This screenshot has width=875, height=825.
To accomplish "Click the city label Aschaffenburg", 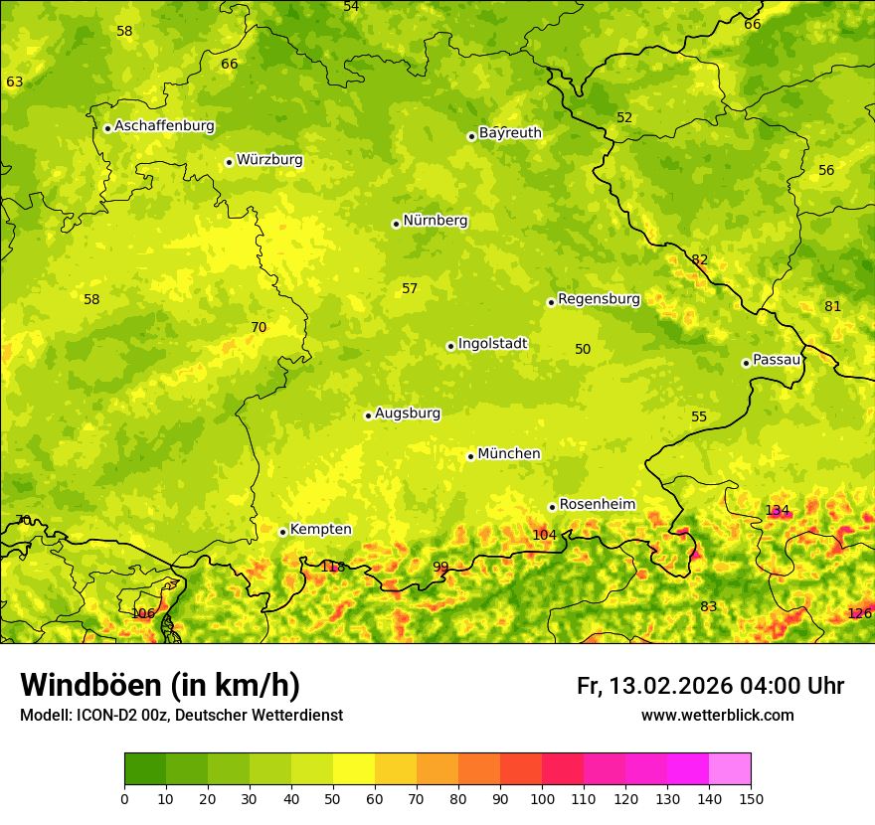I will coord(164,126).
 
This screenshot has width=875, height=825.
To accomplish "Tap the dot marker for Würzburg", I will coord(229,162).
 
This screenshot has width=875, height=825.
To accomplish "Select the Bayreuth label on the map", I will coord(510,132).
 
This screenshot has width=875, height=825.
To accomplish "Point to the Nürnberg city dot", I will coord(396,224).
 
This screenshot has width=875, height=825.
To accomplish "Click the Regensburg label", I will coord(599,298).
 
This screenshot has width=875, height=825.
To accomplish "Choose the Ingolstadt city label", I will coord(492,343).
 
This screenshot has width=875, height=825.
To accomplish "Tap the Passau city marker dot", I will coord(746,363).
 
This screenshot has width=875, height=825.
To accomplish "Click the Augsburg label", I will coord(408,412).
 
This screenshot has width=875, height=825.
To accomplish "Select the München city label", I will coord(509,453).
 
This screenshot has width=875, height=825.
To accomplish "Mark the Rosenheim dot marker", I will coord(552,507).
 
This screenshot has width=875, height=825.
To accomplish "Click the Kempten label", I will coord(320,529).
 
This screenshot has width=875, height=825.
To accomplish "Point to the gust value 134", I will coord(778,510).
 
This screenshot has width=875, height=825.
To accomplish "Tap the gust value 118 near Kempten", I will coord(332,567).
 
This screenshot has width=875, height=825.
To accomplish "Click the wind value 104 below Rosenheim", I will coord(544,535).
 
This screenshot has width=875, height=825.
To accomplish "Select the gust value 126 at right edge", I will coord(859,613).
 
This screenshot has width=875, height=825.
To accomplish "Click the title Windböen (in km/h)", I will coord(160,685).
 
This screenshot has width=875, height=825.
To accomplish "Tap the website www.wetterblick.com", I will coord(717,715).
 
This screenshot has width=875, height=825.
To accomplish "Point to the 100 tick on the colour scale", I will coord(542,798).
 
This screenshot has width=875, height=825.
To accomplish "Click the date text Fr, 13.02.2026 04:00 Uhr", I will coord(710,686).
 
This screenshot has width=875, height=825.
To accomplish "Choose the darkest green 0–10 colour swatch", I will coord(145,769).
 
